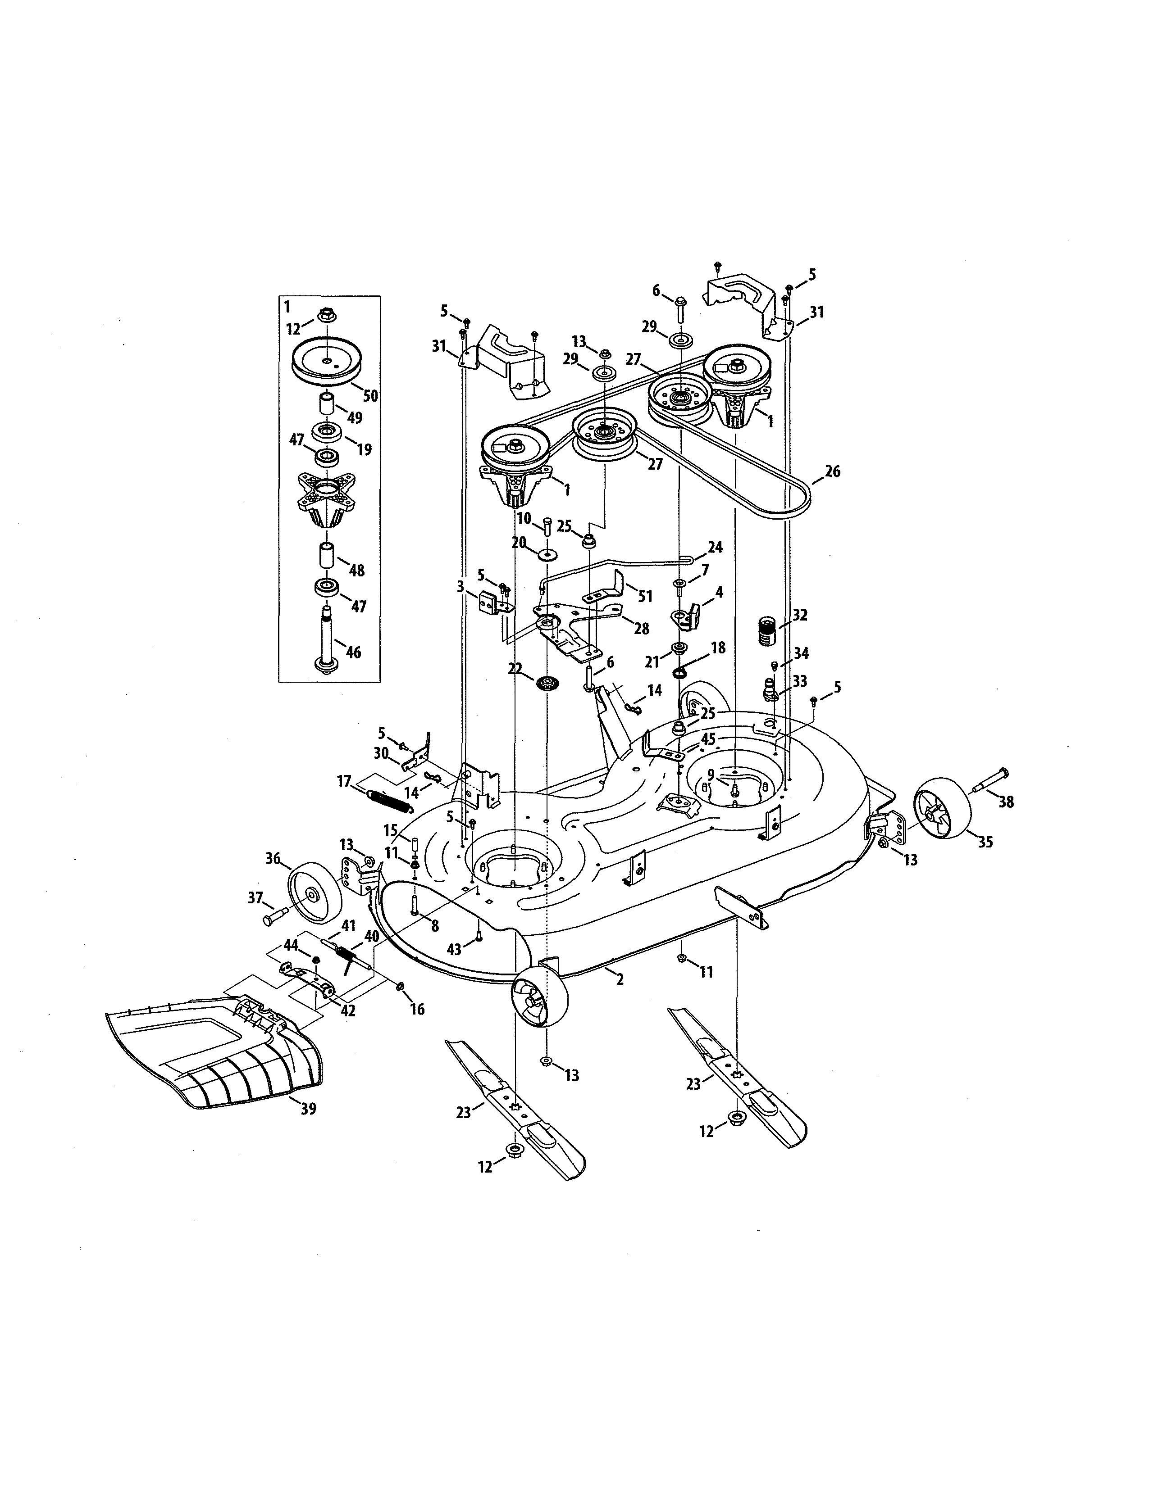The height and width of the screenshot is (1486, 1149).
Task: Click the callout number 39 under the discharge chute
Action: click(x=308, y=1109)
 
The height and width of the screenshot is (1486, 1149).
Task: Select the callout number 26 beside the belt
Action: click(x=833, y=471)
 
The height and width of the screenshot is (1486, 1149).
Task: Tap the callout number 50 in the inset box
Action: click(x=370, y=396)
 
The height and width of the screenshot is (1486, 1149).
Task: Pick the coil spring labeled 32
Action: click(x=767, y=631)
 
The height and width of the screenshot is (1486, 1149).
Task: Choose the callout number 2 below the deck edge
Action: click(x=620, y=980)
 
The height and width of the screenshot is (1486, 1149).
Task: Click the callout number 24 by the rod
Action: click(x=715, y=547)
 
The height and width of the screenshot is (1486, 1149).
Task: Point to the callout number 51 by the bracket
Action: click(x=645, y=596)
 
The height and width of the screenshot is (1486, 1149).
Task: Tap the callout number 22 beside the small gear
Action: click(x=515, y=670)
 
